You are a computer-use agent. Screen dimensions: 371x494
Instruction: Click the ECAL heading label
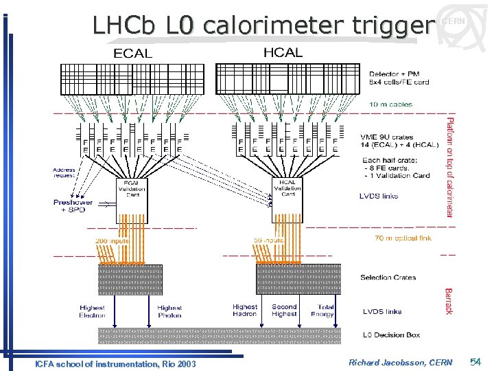click(x=132, y=53)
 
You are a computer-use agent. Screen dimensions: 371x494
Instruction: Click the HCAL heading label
click(x=283, y=52)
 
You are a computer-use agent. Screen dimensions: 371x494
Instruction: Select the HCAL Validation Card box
click(x=287, y=189)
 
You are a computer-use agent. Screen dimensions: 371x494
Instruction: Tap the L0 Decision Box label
click(x=391, y=335)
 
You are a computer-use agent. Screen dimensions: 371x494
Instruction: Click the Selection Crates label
click(x=388, y=278)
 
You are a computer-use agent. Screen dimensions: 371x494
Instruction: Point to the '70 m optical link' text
click(x=403, y=238)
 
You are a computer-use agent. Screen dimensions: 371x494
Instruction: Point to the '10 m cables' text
click(x=392, y=104)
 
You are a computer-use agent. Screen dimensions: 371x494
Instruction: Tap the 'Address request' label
click(x=64, y=172)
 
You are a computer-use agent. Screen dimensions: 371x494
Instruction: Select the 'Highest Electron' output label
click(x=93, y=311)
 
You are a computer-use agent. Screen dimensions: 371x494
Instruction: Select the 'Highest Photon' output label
click(x=169, y=311)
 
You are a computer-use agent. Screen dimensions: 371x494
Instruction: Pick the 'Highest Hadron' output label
click(x=245, y=311)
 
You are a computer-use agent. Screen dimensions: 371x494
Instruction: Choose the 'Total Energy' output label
click(x=325, y=311)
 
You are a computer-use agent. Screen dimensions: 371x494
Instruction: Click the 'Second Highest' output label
click(x=284, y=311)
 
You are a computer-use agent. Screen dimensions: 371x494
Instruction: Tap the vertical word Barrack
click(x=449, y=301)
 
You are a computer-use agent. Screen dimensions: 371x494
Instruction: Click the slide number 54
click(x=476, y=361)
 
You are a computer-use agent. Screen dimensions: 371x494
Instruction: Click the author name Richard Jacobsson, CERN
click(x=400, y=362)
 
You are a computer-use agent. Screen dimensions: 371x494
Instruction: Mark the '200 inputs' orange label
click(x=110, y=240)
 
